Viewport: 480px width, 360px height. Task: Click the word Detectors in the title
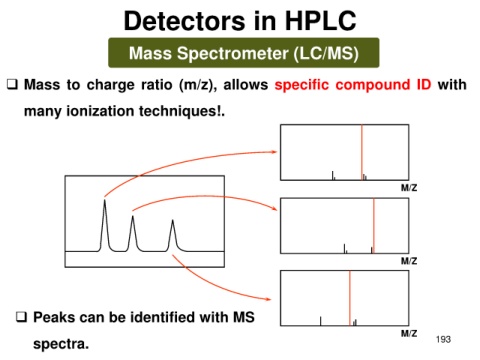[185, 21]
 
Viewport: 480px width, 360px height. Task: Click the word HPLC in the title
[321, 21]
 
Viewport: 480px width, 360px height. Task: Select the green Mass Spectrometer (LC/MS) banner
[244, 53]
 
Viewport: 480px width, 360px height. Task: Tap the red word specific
[302, 85]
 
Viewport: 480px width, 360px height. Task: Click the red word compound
[373, 85]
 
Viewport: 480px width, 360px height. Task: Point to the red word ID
[424, 85]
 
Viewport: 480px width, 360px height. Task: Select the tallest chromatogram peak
[105, 225]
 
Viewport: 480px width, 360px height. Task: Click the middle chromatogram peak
[133, 233]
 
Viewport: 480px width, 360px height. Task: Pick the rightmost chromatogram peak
[173, 235]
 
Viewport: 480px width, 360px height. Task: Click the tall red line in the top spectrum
[362, 152]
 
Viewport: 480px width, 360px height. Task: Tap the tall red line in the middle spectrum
[374, 226]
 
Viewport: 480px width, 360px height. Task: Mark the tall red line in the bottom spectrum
[350, 298]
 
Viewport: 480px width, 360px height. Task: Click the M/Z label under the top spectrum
[409, 188]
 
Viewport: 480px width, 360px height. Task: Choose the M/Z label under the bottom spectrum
[409, 333]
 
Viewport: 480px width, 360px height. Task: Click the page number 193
[443, 339]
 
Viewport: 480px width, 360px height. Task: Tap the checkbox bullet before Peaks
[21, 317]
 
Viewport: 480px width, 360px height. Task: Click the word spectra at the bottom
[61, 344]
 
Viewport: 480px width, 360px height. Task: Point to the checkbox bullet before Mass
[12, 85]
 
